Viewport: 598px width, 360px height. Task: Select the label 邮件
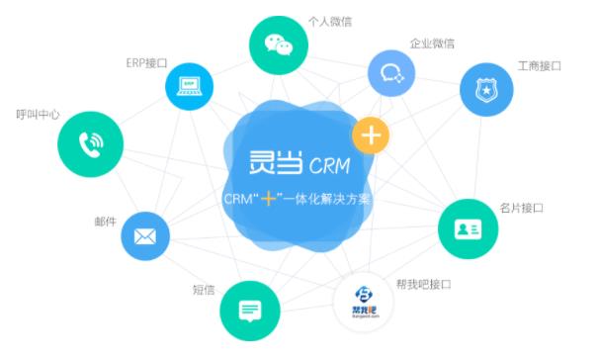click(x=105, y=222)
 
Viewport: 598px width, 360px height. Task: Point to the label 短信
click(x=205, y=290)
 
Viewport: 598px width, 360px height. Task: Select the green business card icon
click(x=468, y=228)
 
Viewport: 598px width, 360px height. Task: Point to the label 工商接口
click(x=539, y=66)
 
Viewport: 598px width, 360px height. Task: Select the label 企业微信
click(x=432, y=45)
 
